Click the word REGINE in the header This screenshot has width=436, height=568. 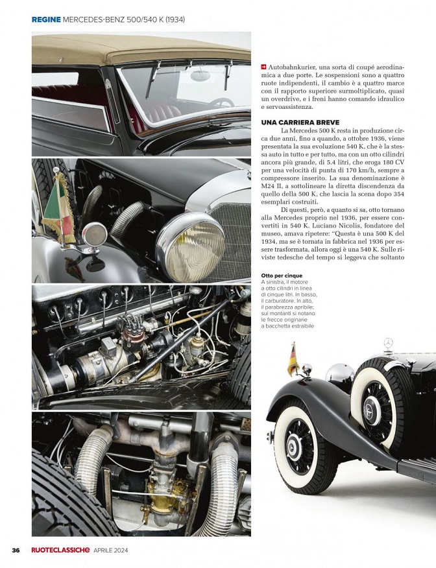point(46,19)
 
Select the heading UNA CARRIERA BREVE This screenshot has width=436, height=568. point(295,122)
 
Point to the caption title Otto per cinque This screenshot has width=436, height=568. point(281,276)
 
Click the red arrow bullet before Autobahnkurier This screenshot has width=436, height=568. point(263,67)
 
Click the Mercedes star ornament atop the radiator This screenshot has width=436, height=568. point(389,342)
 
